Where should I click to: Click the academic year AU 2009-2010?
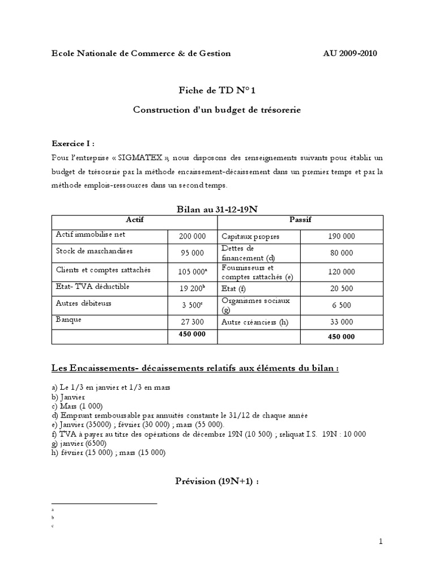click(x=349, y=53)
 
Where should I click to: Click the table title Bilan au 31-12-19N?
click(x=217, y=210)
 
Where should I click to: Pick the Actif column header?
click(x=134, y=220)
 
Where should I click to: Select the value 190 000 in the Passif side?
click(x=341, y=236)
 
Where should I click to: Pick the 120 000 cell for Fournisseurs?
click(x=341, y=272)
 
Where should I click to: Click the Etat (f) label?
click(x=234, y=288)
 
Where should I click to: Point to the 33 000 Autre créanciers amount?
click(x=341, y=322)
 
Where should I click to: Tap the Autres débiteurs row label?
click(x=83, y=303)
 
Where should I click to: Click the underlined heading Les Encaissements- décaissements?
click(x=195, y=368)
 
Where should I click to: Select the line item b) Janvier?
click(x=68, y=397)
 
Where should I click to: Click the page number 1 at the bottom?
click(x=381, y=542)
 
